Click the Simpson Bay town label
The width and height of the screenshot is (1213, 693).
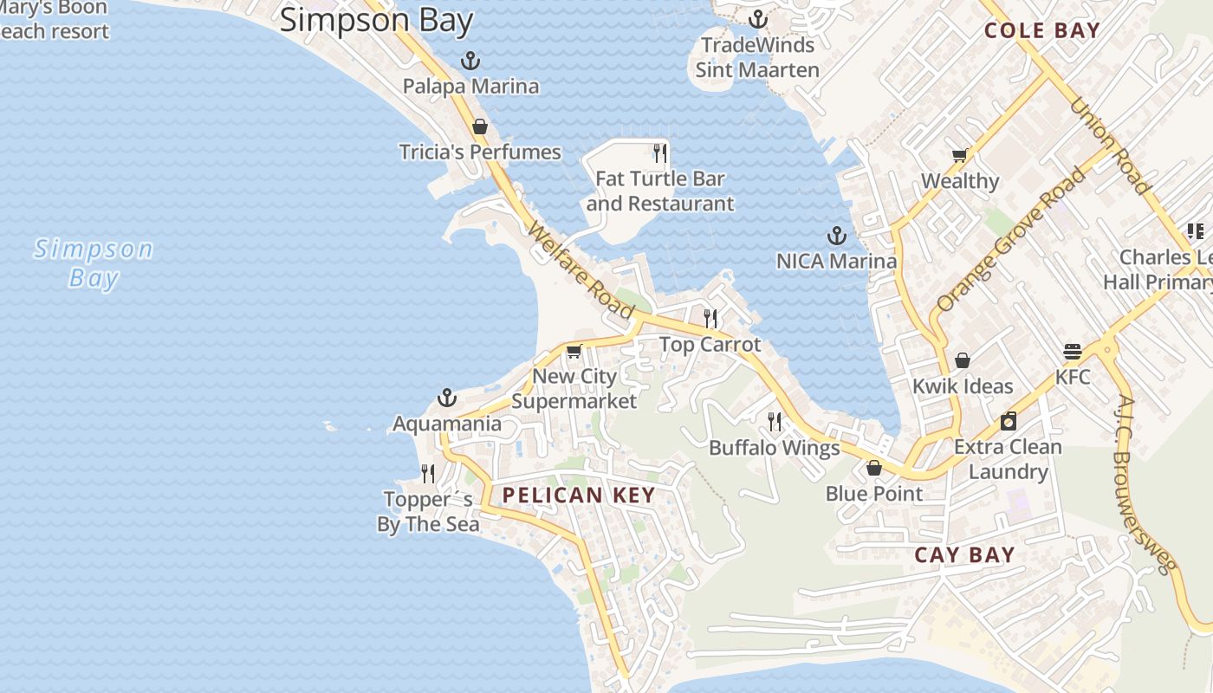[376, 20]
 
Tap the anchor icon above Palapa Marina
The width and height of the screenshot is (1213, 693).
[470, 61]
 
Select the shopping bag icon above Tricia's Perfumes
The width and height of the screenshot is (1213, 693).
[480, 127]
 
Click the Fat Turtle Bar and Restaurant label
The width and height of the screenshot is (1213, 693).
[660, 191]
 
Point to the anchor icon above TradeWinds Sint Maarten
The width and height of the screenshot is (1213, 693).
[758, 19]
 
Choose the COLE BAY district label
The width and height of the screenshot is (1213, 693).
[1042, 30]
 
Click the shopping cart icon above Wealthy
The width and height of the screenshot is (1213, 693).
[959, 156]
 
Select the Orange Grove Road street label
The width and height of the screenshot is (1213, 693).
[1011, 239]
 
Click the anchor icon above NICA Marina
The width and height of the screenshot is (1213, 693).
[836, 236]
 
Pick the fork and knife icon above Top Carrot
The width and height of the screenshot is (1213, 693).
[710, 318]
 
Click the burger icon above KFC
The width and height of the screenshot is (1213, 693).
[1073, 352]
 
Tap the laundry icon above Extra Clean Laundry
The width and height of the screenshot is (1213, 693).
[1009, 421]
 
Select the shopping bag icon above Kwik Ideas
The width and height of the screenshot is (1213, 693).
[963, 360]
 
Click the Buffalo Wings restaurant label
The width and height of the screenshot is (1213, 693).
[775, 448]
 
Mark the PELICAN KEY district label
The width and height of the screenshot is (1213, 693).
[579, 495]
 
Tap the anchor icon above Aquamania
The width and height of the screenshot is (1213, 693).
[447, 398]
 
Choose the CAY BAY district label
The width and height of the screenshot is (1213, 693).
[964, 555]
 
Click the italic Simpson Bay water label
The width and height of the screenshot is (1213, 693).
[94, 263]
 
